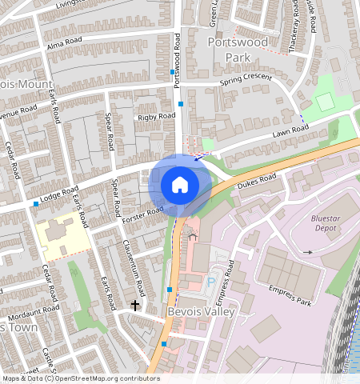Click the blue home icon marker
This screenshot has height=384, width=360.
click(x=180, y=186)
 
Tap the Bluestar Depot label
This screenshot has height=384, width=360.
click(x=328, y=223)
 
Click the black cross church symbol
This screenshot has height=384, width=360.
click(x=135, y=305)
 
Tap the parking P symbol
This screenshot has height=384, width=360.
click(x=211, y=281)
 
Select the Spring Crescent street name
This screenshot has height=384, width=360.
click(x=246, y=82)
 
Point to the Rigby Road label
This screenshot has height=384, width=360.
click(x=156, y=117)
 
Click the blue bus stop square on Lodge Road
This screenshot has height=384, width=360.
click(x=36, y=204)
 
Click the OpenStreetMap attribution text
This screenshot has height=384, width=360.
click(x=80, y=378)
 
